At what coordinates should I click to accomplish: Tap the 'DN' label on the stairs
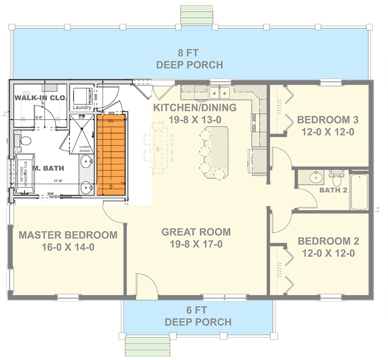click(x=110, y=121)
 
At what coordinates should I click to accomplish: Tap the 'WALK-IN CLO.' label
click(x=41, y=98)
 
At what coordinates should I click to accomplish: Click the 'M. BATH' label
click(x=48, y=168)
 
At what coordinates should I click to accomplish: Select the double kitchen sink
click(x=219, y=93)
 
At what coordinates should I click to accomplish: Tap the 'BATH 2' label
click(x=333, y=190)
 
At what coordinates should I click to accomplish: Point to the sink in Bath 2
click(x=317, y=178)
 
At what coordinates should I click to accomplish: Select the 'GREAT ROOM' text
click(x=196, y=232)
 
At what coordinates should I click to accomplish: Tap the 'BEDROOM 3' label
click(x=328, y=120)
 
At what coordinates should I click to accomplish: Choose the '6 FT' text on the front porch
click(x=198, y=310)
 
